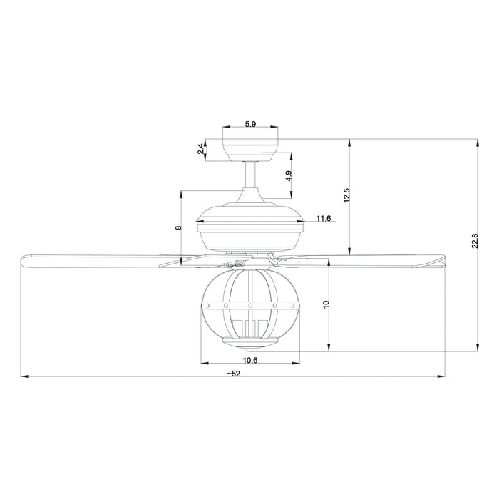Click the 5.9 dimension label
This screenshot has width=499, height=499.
pos(250,124)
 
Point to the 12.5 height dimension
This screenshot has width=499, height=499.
pos(346,196)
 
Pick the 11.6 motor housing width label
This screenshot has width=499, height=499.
pos(324,218)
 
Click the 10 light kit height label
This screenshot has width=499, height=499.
pos(326,304)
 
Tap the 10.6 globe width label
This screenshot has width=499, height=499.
pos(250,361)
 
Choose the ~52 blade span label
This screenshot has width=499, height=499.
pos(234,373)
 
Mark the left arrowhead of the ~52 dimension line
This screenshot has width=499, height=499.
pos(24,377)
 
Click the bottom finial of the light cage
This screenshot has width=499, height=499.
pos(250,349)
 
